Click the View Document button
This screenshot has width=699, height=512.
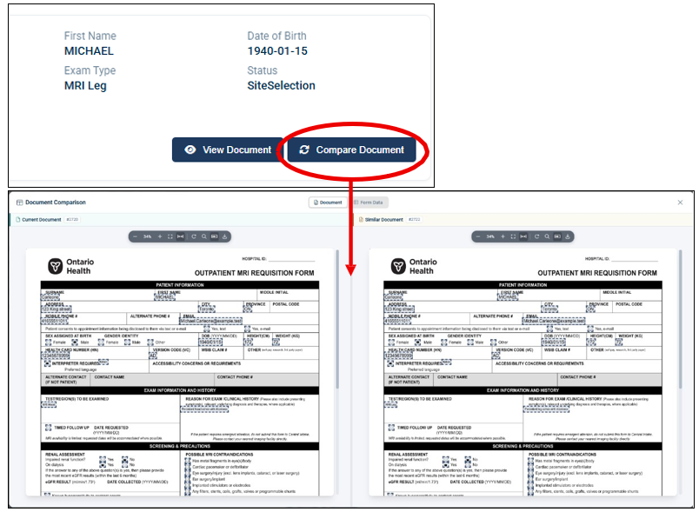coord(228,150)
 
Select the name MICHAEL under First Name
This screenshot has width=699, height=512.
coord(89,51)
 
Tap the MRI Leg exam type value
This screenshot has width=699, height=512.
coord(85,86)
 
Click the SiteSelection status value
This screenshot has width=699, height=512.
coord(281,86)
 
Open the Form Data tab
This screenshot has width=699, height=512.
coord(371,203)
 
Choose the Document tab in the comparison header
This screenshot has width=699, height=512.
coord(328,203)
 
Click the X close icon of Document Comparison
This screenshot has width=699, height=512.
coord(681,203)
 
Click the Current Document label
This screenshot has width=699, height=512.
coord(41,220)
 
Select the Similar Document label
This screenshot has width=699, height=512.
coord(383,220)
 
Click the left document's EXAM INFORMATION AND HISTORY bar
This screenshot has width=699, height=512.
coord(180,390)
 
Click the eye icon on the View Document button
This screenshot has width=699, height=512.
coord(190,150)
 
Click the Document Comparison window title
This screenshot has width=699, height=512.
coord(56,203)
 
